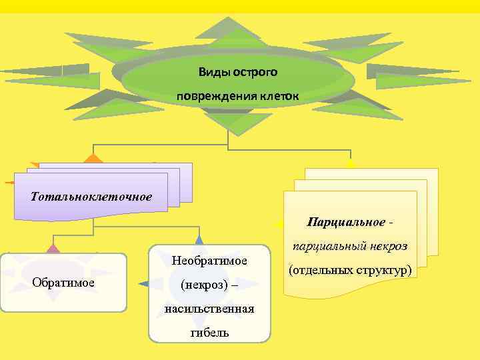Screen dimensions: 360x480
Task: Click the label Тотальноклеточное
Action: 91,197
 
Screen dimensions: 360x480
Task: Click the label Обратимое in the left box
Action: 63,282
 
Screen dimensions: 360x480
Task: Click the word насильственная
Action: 209,308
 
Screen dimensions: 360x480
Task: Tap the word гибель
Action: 209,332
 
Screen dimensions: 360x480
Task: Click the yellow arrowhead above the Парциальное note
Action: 351,163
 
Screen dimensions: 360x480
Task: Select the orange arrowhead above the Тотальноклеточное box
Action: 93,159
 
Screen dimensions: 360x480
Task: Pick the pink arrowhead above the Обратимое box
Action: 53,249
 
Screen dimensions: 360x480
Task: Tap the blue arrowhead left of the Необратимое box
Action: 143,283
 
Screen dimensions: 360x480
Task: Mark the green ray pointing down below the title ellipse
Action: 229,123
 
